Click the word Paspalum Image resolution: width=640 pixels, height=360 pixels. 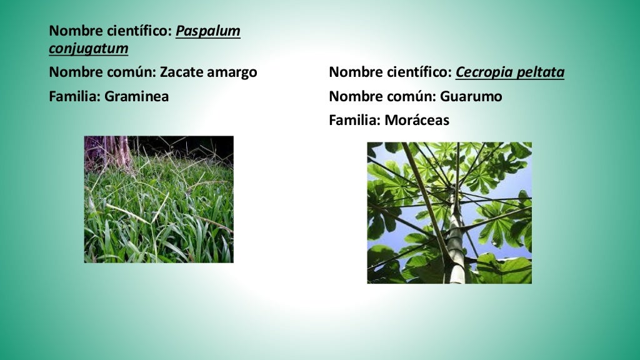coord(207,31)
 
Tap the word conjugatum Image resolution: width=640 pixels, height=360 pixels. coord(88,48)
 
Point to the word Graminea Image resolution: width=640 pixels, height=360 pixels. coord(137,97)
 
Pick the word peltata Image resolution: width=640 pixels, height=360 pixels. coord(541,72)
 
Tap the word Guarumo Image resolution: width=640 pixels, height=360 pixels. coord(471,97)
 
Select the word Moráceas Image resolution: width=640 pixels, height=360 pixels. coord(417,120)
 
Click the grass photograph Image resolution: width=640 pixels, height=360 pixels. coord(159,199)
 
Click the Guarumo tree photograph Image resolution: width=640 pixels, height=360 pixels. coord(449,212)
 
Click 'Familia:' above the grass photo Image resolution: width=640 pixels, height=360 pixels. coord(75,97)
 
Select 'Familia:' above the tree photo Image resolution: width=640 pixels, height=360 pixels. coord(355,120)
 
